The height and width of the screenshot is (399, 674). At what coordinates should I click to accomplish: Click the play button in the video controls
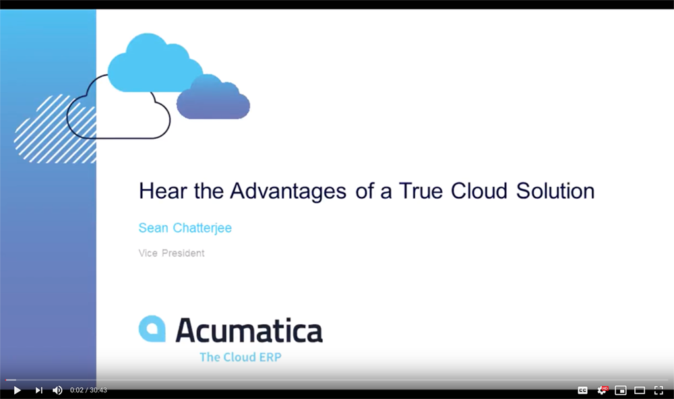point(18,390)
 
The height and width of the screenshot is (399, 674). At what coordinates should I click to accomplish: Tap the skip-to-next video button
point(38,390)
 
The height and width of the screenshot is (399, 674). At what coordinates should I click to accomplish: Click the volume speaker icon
point(57,390)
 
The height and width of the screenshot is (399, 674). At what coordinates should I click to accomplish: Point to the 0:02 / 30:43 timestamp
point(88,390)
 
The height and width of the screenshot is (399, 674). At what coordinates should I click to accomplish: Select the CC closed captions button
point(582,390)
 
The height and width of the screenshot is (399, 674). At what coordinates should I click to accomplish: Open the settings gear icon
point(602,390)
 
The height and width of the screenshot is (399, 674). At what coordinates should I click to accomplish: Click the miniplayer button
point(621,390)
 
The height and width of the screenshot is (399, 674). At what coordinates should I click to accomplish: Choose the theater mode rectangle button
point(640,390)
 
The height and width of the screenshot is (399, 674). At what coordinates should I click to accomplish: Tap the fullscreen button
point(658,390)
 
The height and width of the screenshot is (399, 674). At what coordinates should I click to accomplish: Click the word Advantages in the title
point(288,191)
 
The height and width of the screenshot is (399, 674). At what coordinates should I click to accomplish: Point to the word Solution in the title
point(555,191)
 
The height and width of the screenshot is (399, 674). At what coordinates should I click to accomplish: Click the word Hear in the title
point(163,191)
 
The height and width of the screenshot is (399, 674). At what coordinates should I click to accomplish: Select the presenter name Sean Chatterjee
point(185,228)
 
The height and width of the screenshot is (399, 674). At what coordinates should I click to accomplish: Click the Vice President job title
point(171,253)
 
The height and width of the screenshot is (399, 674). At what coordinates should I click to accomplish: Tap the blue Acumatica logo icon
point(152,329)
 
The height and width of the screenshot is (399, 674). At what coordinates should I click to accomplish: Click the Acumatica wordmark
point(249,330)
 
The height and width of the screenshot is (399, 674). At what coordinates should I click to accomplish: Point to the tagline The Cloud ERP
point(241,357)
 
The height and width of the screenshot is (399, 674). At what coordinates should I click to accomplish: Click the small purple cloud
point(213,98)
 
